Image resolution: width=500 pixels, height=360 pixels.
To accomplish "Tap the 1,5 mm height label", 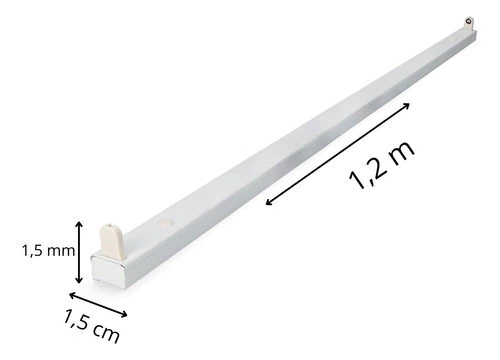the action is [x=48, y=251].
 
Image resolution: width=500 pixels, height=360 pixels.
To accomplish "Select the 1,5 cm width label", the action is [x=91, y=326].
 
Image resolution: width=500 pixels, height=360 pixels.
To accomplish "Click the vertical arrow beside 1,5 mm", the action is [x=79, y=252].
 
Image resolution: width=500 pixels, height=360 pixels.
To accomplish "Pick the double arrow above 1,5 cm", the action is [x=98, y=304].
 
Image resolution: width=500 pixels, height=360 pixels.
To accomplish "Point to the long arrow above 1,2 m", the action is [x=338, y=154].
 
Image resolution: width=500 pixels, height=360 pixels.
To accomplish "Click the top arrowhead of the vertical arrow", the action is [x=79, y=224].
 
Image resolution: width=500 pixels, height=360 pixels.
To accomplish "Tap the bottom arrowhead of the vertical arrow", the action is [x=79, y=280].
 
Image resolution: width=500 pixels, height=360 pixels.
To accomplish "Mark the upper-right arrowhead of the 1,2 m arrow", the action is [x=406, y=106].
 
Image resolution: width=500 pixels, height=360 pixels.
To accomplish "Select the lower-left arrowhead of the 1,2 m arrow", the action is [x=269, y=202].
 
